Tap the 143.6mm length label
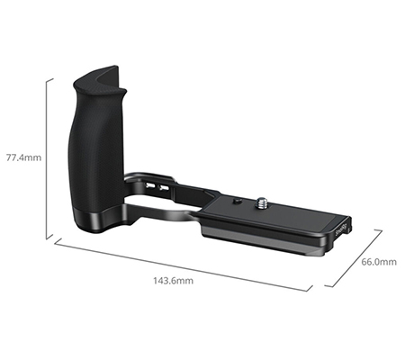tap(172, 280)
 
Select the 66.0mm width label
tap(378, 262)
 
